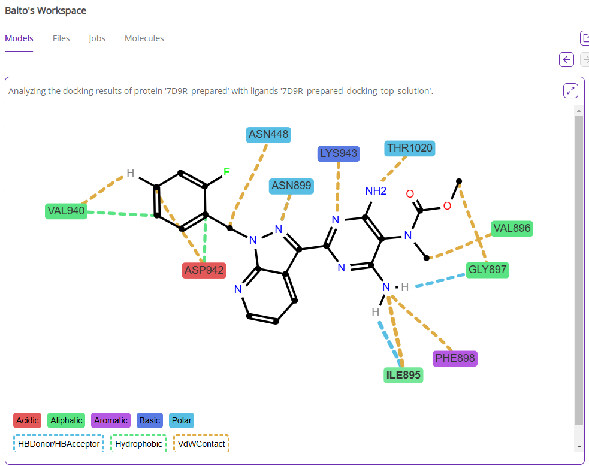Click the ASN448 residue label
[x=268, y=135]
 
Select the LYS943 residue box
[x=339, y=153]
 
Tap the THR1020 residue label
[x=410, y=148]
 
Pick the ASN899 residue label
[x=291, y=186]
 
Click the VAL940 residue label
[x=66, y=211]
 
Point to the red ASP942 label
[x=204, y=270]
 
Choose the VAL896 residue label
[x=512, y=228]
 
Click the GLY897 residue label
[x=488, y=270]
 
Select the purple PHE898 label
[x=455, y=359]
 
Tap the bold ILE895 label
[x=403, y=376]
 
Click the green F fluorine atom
[x=226, y=173]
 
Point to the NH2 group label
[x=376, y=191]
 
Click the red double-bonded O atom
[x=410, y=194]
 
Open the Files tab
[x=61, y=38]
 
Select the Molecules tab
[x=144, y=38]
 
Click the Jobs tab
[x=97, y=38]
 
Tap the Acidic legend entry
[x=27, y=420]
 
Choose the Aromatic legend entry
[x=111, y=420]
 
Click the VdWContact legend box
[x=201, y=444]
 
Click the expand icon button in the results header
[x=570, y=91]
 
